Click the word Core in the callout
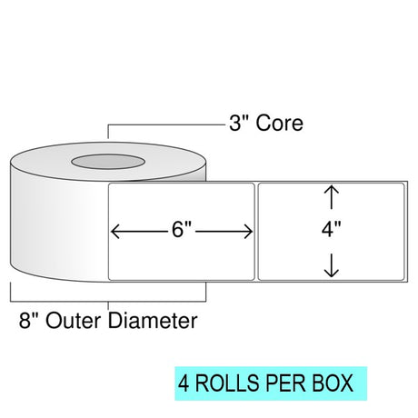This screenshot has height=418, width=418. [279, 124]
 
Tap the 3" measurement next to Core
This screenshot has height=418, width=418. [238, 123]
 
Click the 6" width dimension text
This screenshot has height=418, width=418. [182, 229]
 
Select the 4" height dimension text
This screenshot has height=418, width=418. [332, 229]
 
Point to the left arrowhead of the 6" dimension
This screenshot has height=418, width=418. [115, 232]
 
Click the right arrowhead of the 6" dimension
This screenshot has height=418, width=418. [248, 232]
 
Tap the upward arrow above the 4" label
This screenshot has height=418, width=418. [332, 197]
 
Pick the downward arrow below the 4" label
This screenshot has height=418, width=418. [332, 265]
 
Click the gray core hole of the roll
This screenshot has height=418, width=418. [108, 162]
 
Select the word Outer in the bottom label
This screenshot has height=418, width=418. [73, 321]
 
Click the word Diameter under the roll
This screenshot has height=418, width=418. [153, 321]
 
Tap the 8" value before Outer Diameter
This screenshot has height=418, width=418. [28, 321]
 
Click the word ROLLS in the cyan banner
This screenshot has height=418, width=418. [228, 383]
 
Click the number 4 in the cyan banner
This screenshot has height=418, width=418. [184, 383]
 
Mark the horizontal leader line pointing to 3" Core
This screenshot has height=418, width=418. [167, 124]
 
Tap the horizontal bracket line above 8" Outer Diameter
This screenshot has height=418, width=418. [108, 302]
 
